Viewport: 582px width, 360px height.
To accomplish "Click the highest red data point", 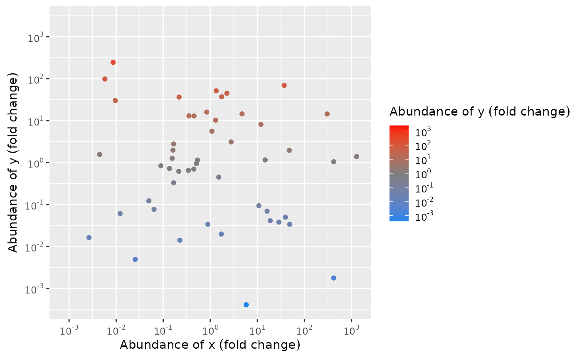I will tap(113, 62).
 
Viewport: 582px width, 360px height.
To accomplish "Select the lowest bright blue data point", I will tap(246, 305).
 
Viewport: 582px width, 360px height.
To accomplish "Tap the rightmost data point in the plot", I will tap(357, 157).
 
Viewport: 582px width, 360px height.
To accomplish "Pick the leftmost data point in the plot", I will tap(89, 237).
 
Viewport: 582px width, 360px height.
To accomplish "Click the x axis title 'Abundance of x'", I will tap(210, 345).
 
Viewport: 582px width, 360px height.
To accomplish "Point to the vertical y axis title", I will tap(13, 163).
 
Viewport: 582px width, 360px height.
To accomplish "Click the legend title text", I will tap(479, 111).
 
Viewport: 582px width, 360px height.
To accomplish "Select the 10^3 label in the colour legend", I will tap(423, 132).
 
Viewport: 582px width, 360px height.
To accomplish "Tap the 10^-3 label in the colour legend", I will tap(423, 217).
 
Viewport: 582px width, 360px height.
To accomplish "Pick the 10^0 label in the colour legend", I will tap(423, 175).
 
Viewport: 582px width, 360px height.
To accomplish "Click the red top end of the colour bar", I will tap(399, 127).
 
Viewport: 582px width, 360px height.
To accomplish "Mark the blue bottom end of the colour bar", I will tap(399, 219).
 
